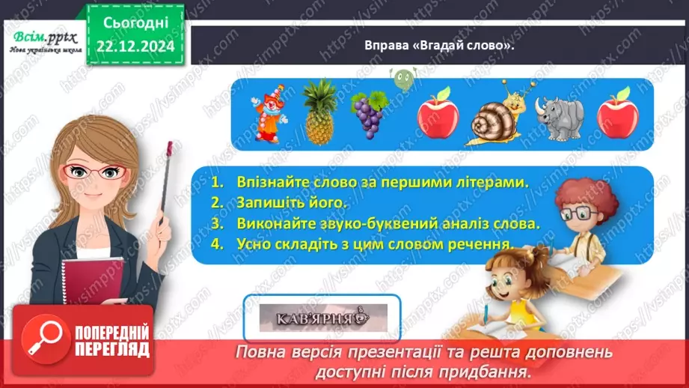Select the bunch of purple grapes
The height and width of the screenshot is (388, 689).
click(x=369, y=115)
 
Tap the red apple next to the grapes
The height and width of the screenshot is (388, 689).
click(x=438, y=113)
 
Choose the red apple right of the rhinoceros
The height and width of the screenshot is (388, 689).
click(x=617, y=113)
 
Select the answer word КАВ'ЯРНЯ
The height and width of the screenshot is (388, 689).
click(x=315, y=318)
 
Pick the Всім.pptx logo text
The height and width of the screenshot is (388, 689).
click(x=42, y=37)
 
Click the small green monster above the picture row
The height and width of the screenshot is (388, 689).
click(x=401, y=77)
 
